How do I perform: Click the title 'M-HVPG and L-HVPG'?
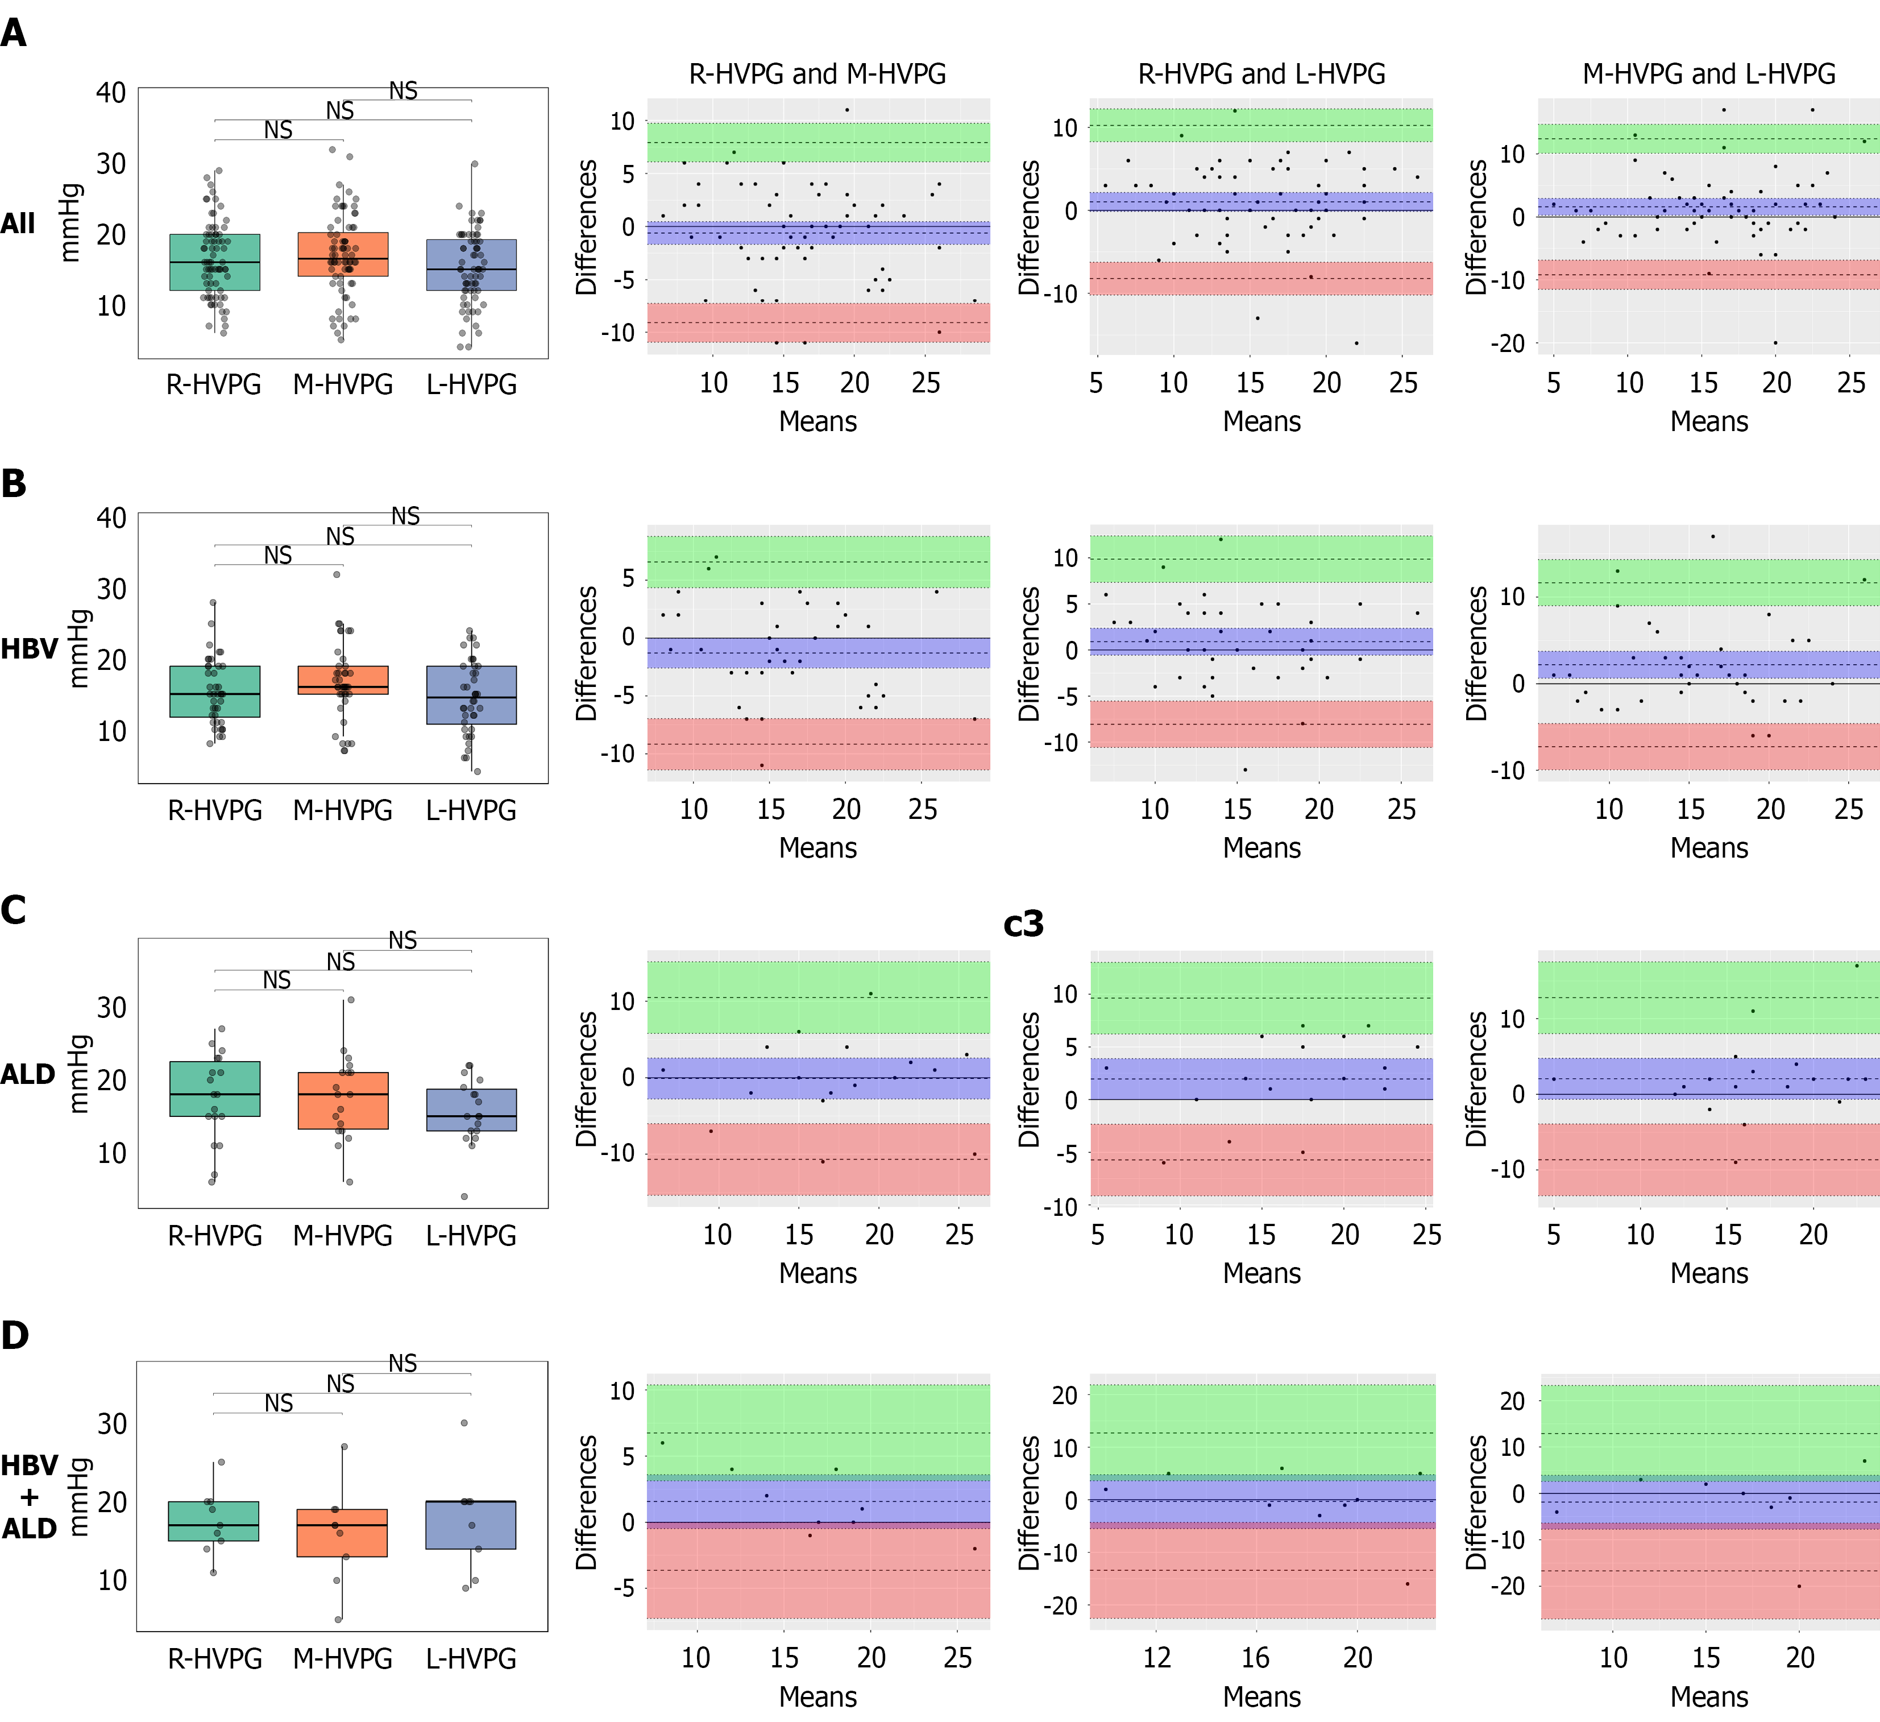(1708, 74)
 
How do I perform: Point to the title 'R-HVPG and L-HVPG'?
(1261, 74)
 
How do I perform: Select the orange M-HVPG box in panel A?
(343, 254)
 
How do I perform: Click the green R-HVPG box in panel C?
(214, 1088)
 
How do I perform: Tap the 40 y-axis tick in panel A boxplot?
(111, 92)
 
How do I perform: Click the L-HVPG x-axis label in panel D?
(471, 1658)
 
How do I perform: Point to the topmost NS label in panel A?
(403, 90)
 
